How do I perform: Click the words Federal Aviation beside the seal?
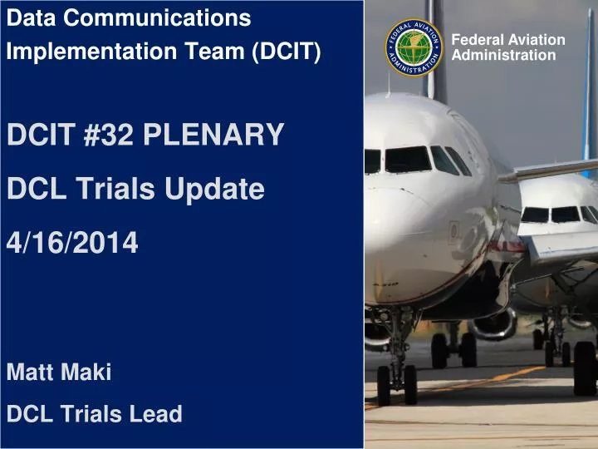tap(507, 40)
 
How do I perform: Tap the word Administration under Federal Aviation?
tap(502, 56)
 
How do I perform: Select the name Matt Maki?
tap(59, 373)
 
